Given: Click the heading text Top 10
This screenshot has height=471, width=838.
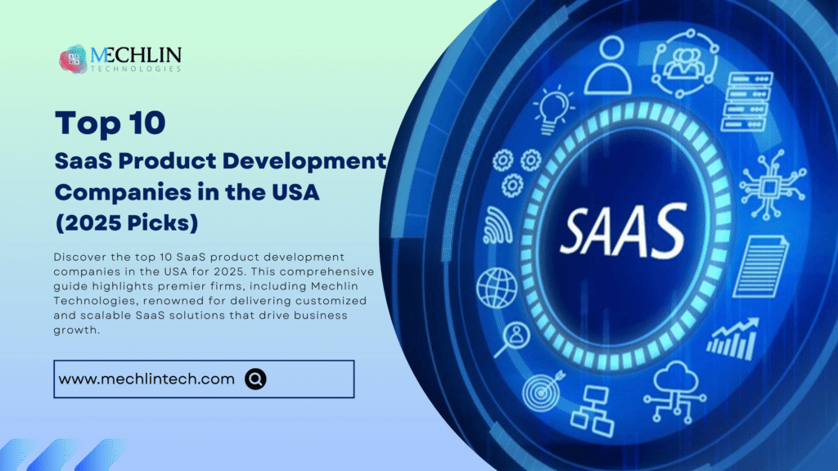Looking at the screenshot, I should coord(110,123).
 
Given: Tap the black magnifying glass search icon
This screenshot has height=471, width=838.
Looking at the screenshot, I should coord(256,379).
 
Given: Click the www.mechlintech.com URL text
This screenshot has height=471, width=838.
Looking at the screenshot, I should coord(147,379).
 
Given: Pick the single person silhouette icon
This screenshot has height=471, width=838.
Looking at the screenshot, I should coord(607,67).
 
